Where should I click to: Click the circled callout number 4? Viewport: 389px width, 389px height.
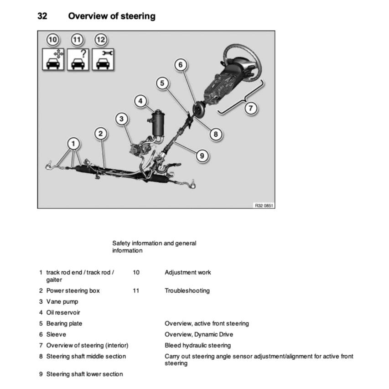(x=141, y=101)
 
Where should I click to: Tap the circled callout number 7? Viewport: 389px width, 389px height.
(x=250, y=108)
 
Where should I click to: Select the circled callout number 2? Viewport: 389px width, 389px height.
(x=101, y=134)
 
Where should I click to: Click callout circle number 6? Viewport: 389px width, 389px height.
(x=181, y=65)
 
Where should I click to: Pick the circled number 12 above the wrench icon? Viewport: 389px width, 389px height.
(x=101, y=40)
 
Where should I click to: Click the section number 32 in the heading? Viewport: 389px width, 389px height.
(x=43, y=16)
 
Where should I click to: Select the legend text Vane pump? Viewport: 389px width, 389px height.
(x=62, y=301)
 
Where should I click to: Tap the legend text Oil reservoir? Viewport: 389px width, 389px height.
(x=63, y=312)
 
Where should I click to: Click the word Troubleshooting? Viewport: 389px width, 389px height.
(x=187, y=290)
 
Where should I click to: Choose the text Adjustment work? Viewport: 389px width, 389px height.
(x=188, y=273)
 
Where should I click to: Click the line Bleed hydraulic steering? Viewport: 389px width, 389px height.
(x=197, y=345)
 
